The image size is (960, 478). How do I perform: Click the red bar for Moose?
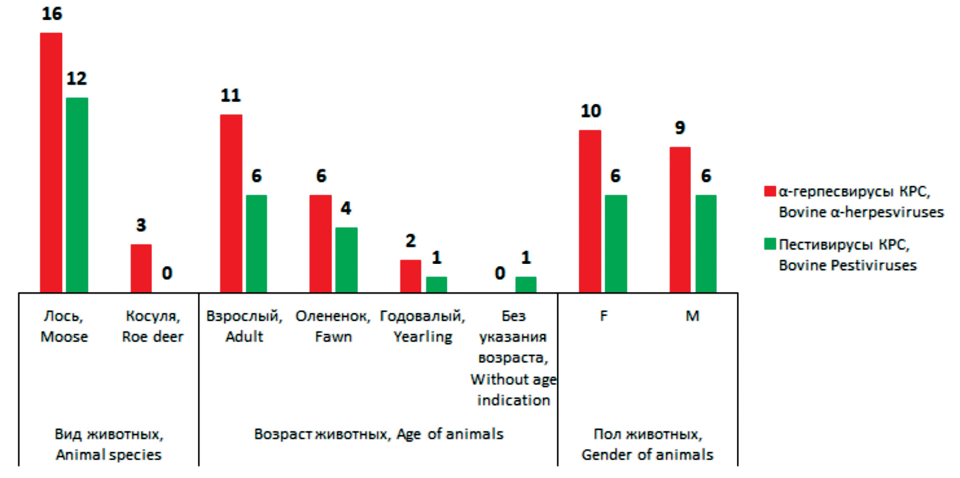(x=51, y=163)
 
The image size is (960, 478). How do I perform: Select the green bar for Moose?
(x=77, y=195)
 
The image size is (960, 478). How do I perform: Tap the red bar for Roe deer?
(x=141, y=268)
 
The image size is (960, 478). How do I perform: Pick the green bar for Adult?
(x=256, y=244)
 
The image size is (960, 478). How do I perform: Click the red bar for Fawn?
(x=320, y=244)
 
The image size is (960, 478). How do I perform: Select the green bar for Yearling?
(x=436, y=285)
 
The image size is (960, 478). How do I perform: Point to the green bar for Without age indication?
(x=526, y=285)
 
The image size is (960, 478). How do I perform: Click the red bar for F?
(x=590, y=211)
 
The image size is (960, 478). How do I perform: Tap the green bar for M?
(x=706, y=244)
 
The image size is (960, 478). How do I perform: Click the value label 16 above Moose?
(x=52, y=14)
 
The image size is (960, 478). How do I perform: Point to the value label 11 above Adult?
(x=230, y=96)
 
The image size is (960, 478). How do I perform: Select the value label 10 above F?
(x=591, y=111)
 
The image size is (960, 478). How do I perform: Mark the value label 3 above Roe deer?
(x=141, y=225)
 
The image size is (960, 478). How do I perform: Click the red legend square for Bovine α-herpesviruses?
(x=770, y=191)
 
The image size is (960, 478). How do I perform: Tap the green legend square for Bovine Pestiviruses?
(x=770, y=244)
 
